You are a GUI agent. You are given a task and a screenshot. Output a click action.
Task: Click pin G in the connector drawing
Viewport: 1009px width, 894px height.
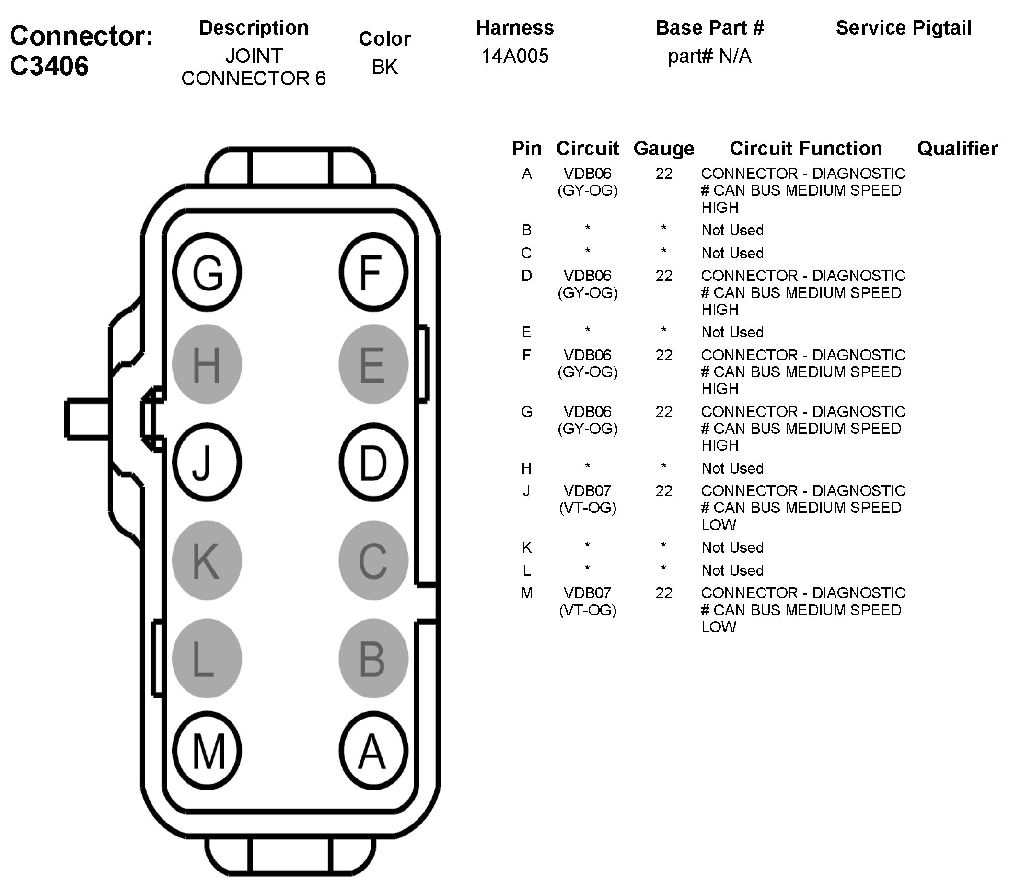(x=207, y=272)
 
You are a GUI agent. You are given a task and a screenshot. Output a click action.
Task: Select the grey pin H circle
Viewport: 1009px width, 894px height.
(x=207, y=364)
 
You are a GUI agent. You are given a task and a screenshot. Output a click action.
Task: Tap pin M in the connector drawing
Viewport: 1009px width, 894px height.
(x=207, y=751)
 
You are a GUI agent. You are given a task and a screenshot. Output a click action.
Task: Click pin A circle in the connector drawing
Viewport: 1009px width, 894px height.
(x=373, y=751)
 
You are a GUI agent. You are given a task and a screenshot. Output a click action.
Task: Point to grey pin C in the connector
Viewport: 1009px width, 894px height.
(x=373, y=560)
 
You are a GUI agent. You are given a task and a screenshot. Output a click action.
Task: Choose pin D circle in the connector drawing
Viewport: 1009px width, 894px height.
(x=373, y=463)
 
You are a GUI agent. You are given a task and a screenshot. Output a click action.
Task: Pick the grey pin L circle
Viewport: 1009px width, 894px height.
(x=207, y=658)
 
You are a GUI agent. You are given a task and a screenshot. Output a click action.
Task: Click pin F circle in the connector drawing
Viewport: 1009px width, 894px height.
(x=373, y=272)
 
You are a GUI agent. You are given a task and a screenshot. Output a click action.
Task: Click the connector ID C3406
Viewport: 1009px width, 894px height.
(x=49, y=66)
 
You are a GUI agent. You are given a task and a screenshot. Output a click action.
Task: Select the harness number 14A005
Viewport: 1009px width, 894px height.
(x=514, y=56)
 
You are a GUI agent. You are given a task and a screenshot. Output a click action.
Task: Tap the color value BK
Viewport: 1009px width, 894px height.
(x=384, y=67)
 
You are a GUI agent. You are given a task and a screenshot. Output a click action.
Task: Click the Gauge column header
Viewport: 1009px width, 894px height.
(x=663, y=149)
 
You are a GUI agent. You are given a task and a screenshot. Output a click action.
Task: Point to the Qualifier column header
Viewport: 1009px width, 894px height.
(x=957, y=149)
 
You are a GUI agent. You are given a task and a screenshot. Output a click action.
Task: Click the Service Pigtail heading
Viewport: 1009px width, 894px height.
(x=904, y=28)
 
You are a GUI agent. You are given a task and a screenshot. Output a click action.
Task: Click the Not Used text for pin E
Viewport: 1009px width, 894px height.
(x=732, y=332)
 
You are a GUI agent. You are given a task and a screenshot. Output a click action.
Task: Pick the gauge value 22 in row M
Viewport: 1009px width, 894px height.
(x=663, y=593)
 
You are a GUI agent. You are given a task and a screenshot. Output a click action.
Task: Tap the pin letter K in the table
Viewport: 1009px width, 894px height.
(x=527, y=547)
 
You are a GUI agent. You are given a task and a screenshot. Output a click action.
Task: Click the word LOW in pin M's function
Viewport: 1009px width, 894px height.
(x=719, y=627)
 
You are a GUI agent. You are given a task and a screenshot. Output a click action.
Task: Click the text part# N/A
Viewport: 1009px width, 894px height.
(x=709, y=56)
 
